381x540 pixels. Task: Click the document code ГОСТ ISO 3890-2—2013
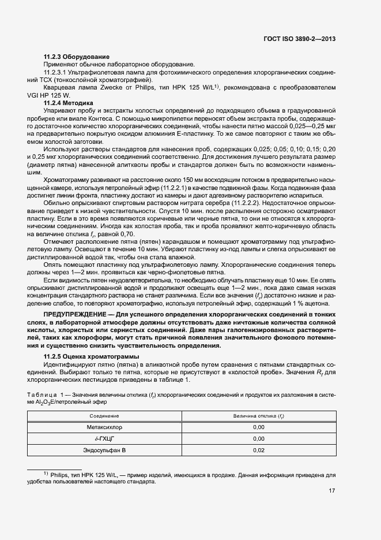pyautogui.click(x=300, y=39)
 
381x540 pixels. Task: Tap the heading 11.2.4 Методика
pyautogui.click(x=70, y=102)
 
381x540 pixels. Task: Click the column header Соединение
pyautogui.click(x=104, y=416)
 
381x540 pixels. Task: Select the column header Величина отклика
pyautogui.click(x=258, y=416)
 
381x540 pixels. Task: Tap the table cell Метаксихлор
pyautogui.click(x=104, y=427)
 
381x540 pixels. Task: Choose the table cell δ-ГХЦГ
pyautogui.click(x=104, y=438)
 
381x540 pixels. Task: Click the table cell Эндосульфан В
pyautogui.click(x=104, y=450)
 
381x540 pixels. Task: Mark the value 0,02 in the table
pyautogui.click(x=258, y=450)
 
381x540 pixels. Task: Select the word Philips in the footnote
pyautogui.click(x=60, y=474)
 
